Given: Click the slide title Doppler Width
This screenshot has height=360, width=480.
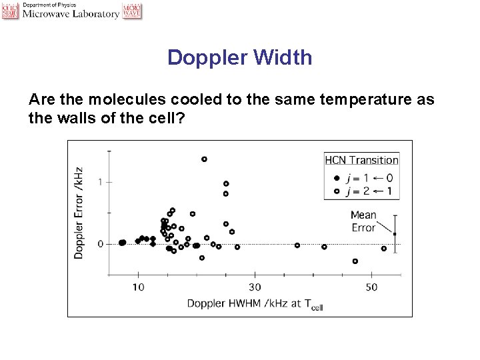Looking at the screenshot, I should click(x=239, y=57).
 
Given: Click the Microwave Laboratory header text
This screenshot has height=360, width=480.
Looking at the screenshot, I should click(x=71, y=14).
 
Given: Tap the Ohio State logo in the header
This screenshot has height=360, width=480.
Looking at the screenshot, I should click(x=10, y=10).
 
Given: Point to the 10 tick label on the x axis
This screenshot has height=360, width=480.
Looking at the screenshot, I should click(x=138, y=287).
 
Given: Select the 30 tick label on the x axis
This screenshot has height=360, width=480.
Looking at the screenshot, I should click(x=255, y=287).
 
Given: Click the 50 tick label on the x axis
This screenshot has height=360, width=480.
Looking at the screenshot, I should click(x=371, y=287).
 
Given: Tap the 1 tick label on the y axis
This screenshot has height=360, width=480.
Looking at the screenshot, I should click(x=100, y=181).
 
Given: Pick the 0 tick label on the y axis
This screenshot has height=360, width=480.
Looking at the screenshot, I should click(x=100, y=244).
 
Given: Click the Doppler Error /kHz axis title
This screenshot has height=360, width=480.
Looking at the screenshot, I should click(x=79, y=213).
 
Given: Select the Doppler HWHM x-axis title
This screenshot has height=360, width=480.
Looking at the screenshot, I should click(x=255, y=304).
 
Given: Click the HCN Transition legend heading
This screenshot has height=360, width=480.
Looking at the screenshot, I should click(x=361, y=160).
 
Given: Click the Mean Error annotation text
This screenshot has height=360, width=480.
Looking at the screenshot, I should click(x=363, y=221).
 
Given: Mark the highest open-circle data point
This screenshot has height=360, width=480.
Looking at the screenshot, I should click(x=204, y=159).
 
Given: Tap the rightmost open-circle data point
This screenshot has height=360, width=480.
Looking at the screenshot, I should click(x=383, y=249).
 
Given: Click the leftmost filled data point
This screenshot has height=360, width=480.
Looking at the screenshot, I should click(x=121, y=243).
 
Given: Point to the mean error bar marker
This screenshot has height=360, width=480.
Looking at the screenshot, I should click(x=395, y=234).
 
